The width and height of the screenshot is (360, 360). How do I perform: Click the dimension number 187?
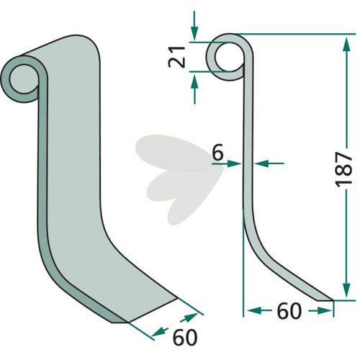tap(343, 169)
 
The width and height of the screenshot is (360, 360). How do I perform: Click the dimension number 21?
tap(177, 57)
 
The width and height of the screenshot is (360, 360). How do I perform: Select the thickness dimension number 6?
tap(218, 152)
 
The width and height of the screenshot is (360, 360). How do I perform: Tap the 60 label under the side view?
tap(289, 311)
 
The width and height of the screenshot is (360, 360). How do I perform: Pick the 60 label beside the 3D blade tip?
tap(185, 337)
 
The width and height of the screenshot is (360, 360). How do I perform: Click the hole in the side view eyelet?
tap(230, 57)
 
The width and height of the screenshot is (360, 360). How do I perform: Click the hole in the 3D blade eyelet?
tap(24, 79)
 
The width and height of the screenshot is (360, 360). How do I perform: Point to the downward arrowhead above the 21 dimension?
tap(194, 34)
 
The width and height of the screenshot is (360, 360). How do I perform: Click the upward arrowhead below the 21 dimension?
tap(194, 81)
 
